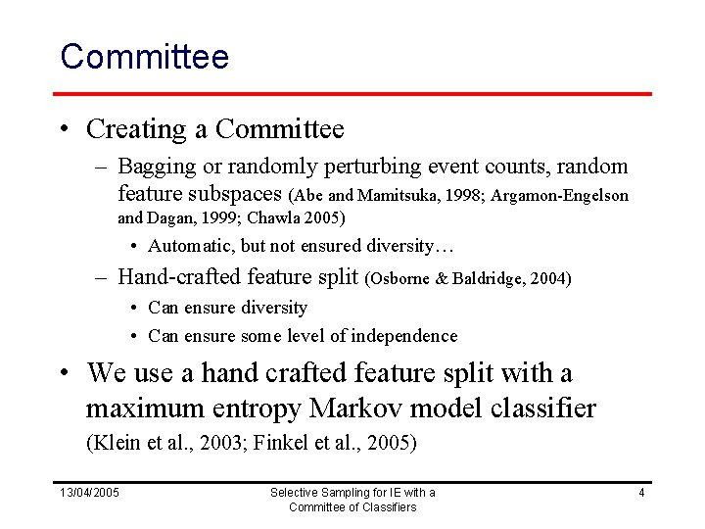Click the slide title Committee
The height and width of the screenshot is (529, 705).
click(144, 56)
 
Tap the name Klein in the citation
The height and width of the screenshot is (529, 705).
click(111, 443)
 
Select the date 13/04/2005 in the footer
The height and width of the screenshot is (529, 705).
click(90, 492)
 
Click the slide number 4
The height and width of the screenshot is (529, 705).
click(641, 492)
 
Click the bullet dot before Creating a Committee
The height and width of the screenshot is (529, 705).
click(63, 129)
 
